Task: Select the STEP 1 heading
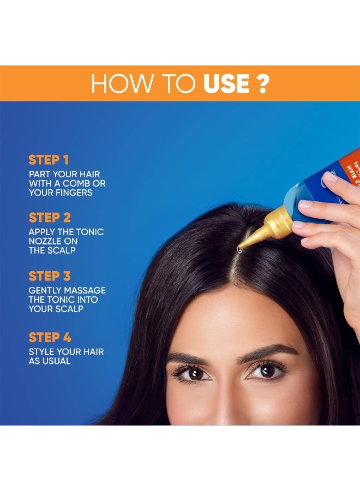(49, 160)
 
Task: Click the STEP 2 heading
(50, 218)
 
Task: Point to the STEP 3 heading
(50, 276)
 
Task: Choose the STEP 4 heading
(50, 337)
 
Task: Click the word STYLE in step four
(42, 351)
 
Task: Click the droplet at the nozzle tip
(239, 250)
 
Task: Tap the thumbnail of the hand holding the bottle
(331, 177)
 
